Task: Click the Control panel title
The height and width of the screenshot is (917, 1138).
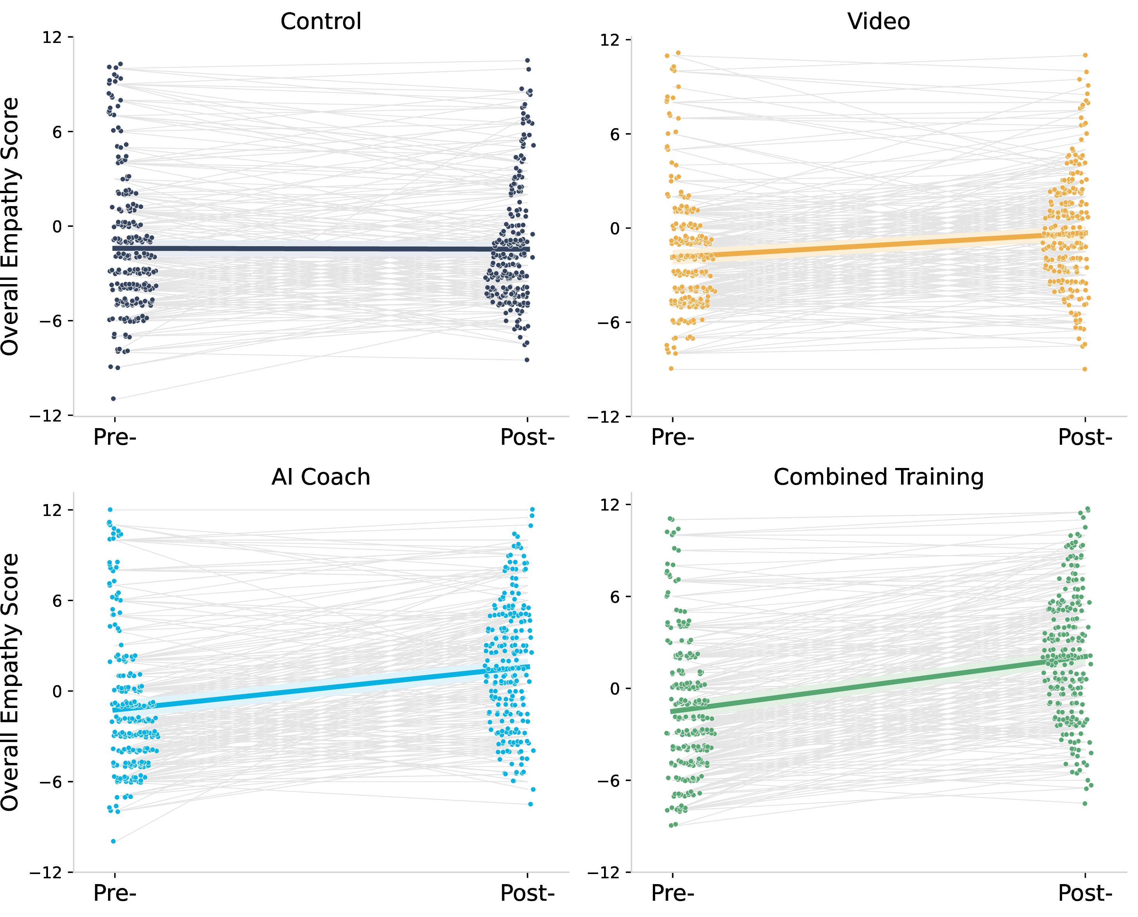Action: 321,22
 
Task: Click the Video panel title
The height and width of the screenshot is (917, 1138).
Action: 879,22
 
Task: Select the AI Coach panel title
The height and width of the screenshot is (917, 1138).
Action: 321,477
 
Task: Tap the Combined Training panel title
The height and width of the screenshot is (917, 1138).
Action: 879,477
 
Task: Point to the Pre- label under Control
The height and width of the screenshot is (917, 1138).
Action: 115,437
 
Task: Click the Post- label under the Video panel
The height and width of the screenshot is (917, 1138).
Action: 1085,437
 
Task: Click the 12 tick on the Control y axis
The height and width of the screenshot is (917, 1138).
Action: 52,38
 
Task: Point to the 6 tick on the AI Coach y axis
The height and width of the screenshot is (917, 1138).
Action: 57,601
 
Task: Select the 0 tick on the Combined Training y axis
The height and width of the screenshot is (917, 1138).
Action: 615,689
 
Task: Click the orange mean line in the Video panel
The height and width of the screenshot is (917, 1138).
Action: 879,246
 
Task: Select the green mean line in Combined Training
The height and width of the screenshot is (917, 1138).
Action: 879,686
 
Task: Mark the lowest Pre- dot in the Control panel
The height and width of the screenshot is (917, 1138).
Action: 113,398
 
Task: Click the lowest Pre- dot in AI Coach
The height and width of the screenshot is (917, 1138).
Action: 113,841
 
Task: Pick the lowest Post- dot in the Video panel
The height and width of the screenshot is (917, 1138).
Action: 1085,369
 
